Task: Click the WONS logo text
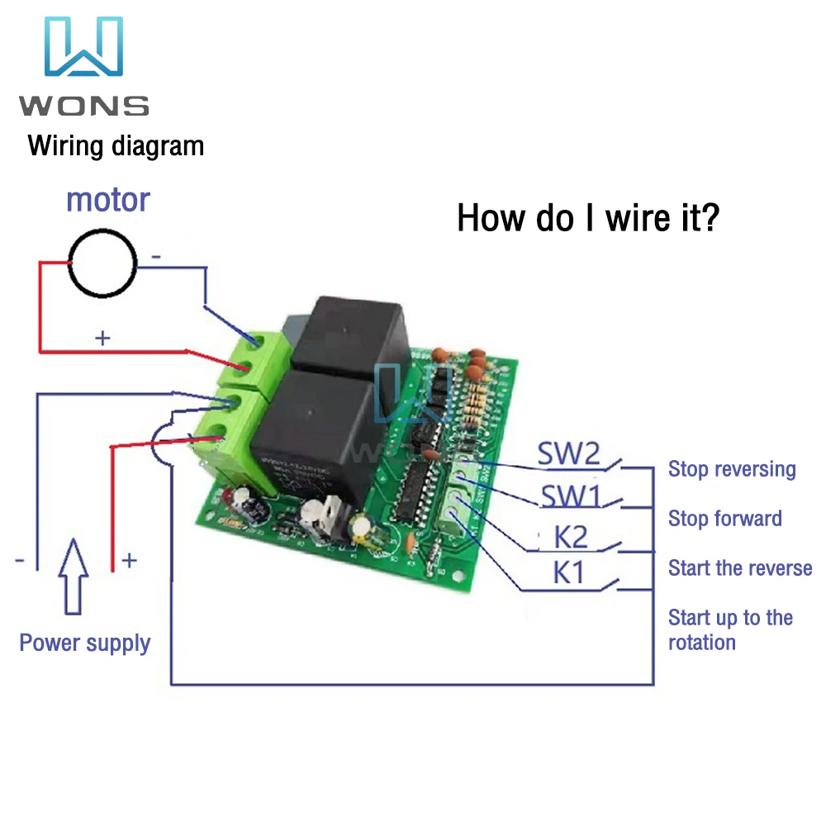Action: [x=84, y=106]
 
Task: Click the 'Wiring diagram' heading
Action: [x=116, y=147]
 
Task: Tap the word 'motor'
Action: [x=108, y=200]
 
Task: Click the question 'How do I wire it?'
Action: [x=588, y=219]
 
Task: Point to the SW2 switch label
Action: [x=569, y=453]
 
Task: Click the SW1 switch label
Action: [x=570, y=497]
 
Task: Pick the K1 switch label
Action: [x=568, y=572]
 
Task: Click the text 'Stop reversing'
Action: [x=732, y=469]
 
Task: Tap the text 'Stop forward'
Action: [x=724, y=519]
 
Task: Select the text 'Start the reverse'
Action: [x=740, y=568]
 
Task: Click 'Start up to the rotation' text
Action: [x=730, y=629]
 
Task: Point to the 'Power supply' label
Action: [x=85, y=643]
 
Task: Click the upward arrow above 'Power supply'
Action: [x=74, y=575]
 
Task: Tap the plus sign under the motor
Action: [x=102, y=338]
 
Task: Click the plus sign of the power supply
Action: [x=130, y=561]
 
